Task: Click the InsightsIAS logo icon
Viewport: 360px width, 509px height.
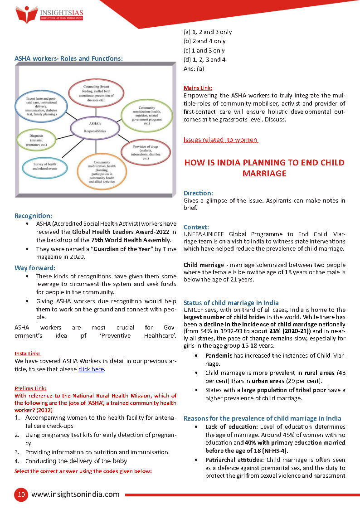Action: point(26,15)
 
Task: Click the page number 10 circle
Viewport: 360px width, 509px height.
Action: point(20,494)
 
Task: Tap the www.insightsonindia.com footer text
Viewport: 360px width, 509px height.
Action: point(75,494)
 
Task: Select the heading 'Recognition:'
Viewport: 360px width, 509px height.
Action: point(33,216)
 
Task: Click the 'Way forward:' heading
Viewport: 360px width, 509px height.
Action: point(35,267)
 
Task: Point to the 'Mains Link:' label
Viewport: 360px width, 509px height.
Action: point(198,88)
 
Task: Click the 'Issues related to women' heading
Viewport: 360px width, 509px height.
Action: point(220,140)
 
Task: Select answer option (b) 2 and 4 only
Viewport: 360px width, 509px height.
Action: point(204,41)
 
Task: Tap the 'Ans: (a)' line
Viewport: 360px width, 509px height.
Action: point(194,68)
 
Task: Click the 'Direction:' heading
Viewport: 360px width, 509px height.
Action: point(198,193)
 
